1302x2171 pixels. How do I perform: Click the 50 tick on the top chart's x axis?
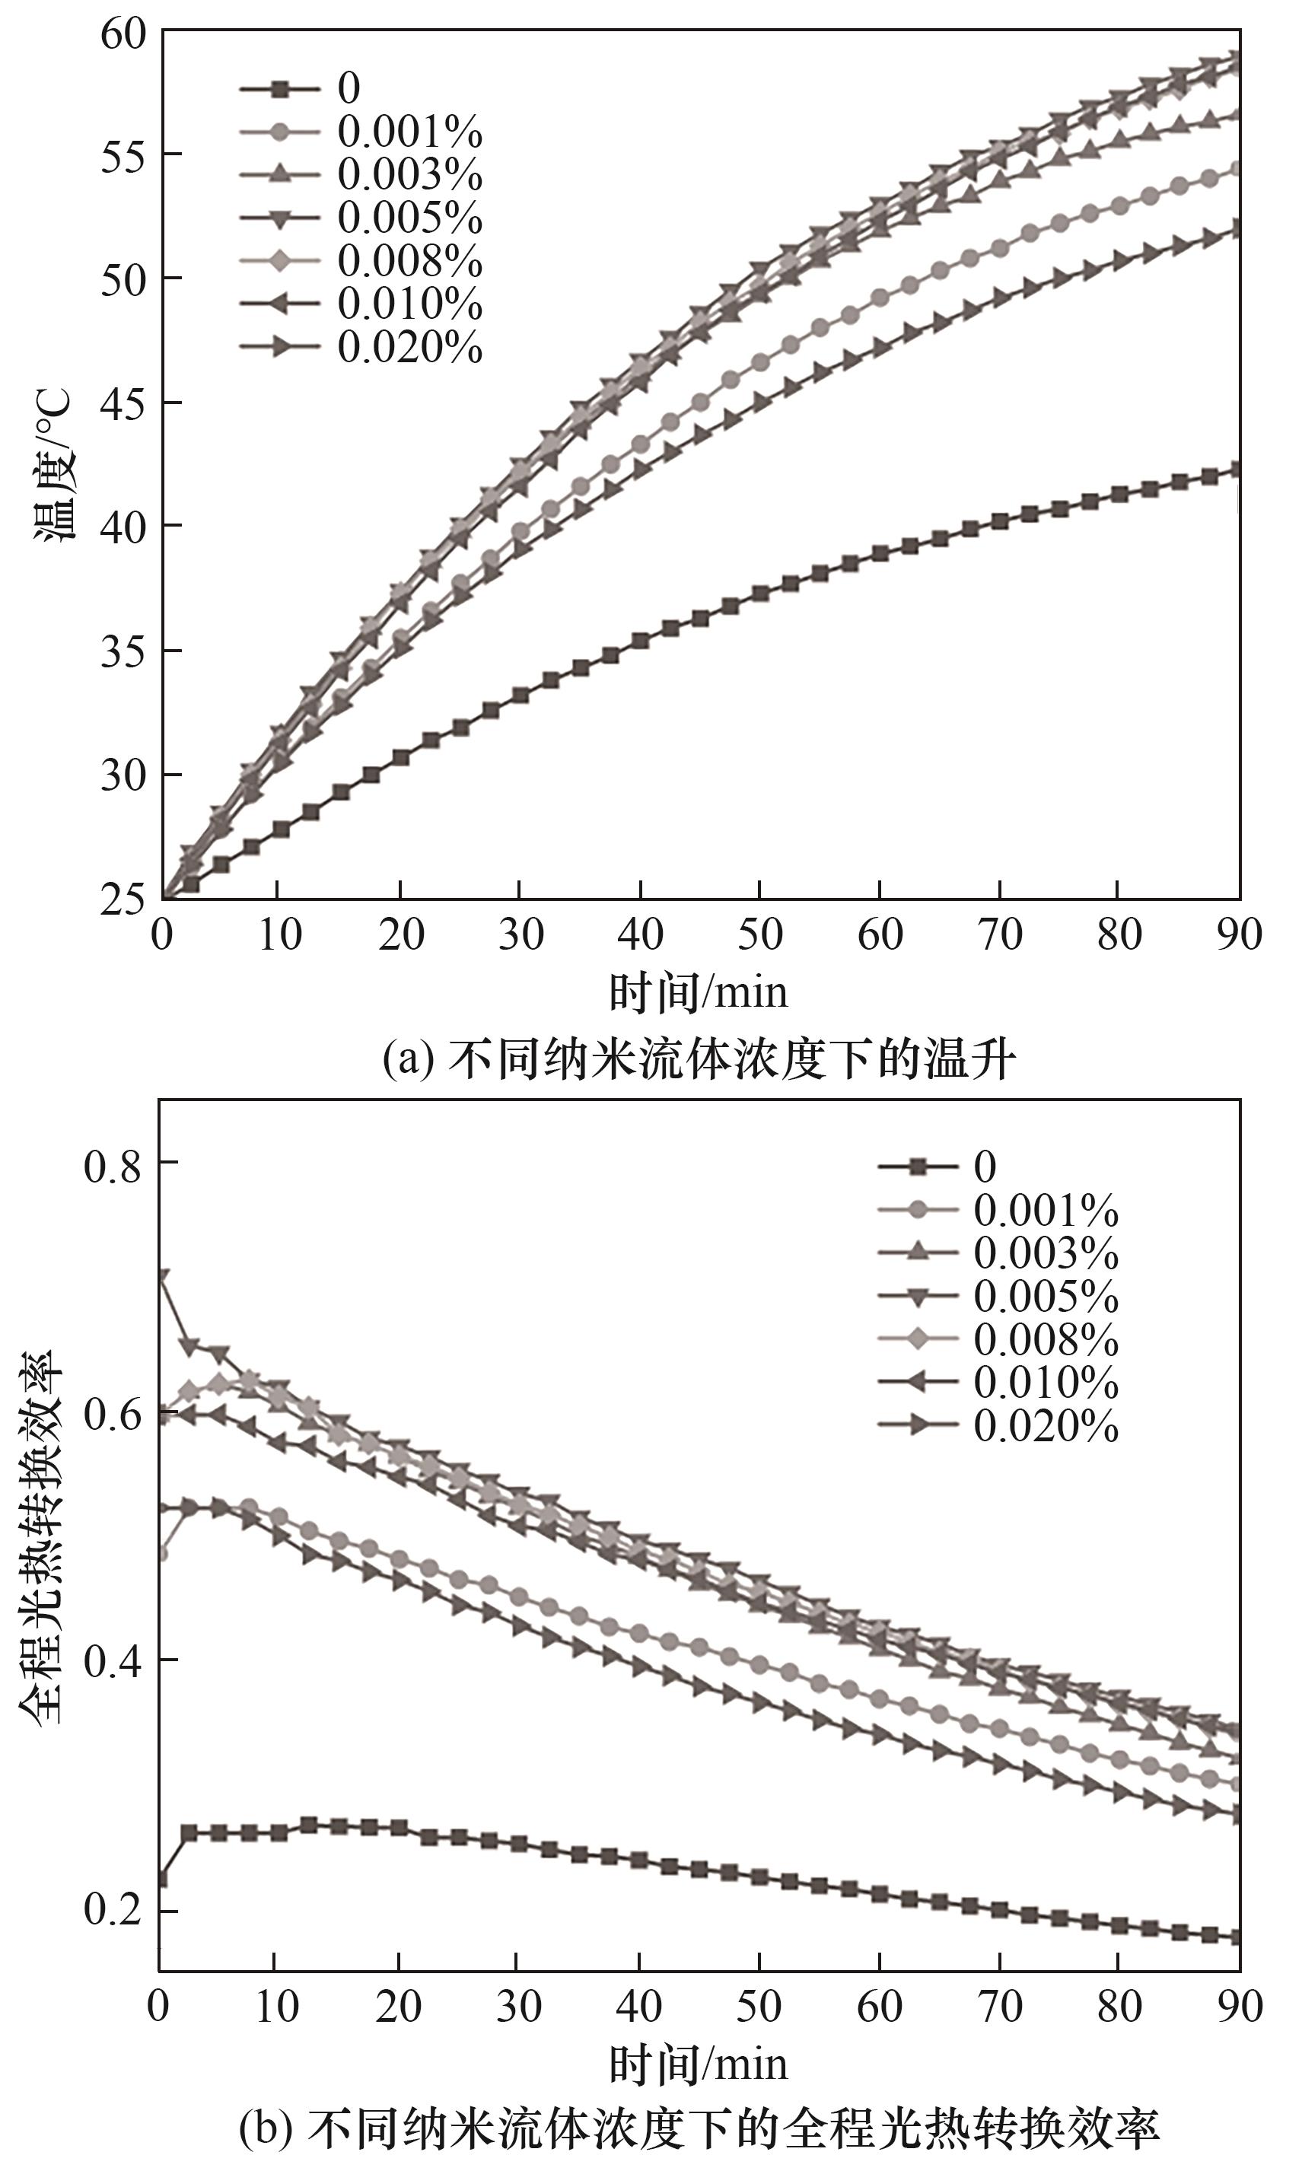[x=759, y=935]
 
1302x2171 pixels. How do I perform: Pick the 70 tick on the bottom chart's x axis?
[x=1000, y=2007]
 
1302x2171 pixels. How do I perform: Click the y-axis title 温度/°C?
[x=54, y=465]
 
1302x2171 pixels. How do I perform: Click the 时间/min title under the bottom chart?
[x=699, y=2064]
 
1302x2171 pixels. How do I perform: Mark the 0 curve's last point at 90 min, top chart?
[x=1238, y=470]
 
